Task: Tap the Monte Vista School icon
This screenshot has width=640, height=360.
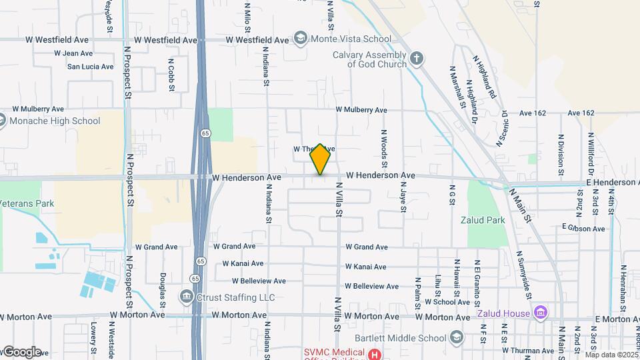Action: pyautogui.click(x=301, y=38)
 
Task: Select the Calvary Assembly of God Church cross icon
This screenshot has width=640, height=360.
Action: pyautogui.click(x=417, y=58)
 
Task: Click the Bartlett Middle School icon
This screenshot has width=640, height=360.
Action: pyautogui.click(x=457, y=337)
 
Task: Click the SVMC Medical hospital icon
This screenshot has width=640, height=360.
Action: pyautogui.click(x=375, y=354)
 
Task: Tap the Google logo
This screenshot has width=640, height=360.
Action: pyautogui.click(x=21, y=352)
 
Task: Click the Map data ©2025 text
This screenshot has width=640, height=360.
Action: pyautogui.click(x=612, y=355)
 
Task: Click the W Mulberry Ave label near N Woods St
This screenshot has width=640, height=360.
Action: pyautogui.click(x=361, y=109)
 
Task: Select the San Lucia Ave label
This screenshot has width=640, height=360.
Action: pyautogui.click(x=91, y=67)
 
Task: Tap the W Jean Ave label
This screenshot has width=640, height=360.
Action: pyautogui.click(x=73, y=53)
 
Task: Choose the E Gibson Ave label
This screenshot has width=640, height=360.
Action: pyautogui.click(x=583, y=229)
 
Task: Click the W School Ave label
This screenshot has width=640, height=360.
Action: pyautogui.click(x=447, y=301)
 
